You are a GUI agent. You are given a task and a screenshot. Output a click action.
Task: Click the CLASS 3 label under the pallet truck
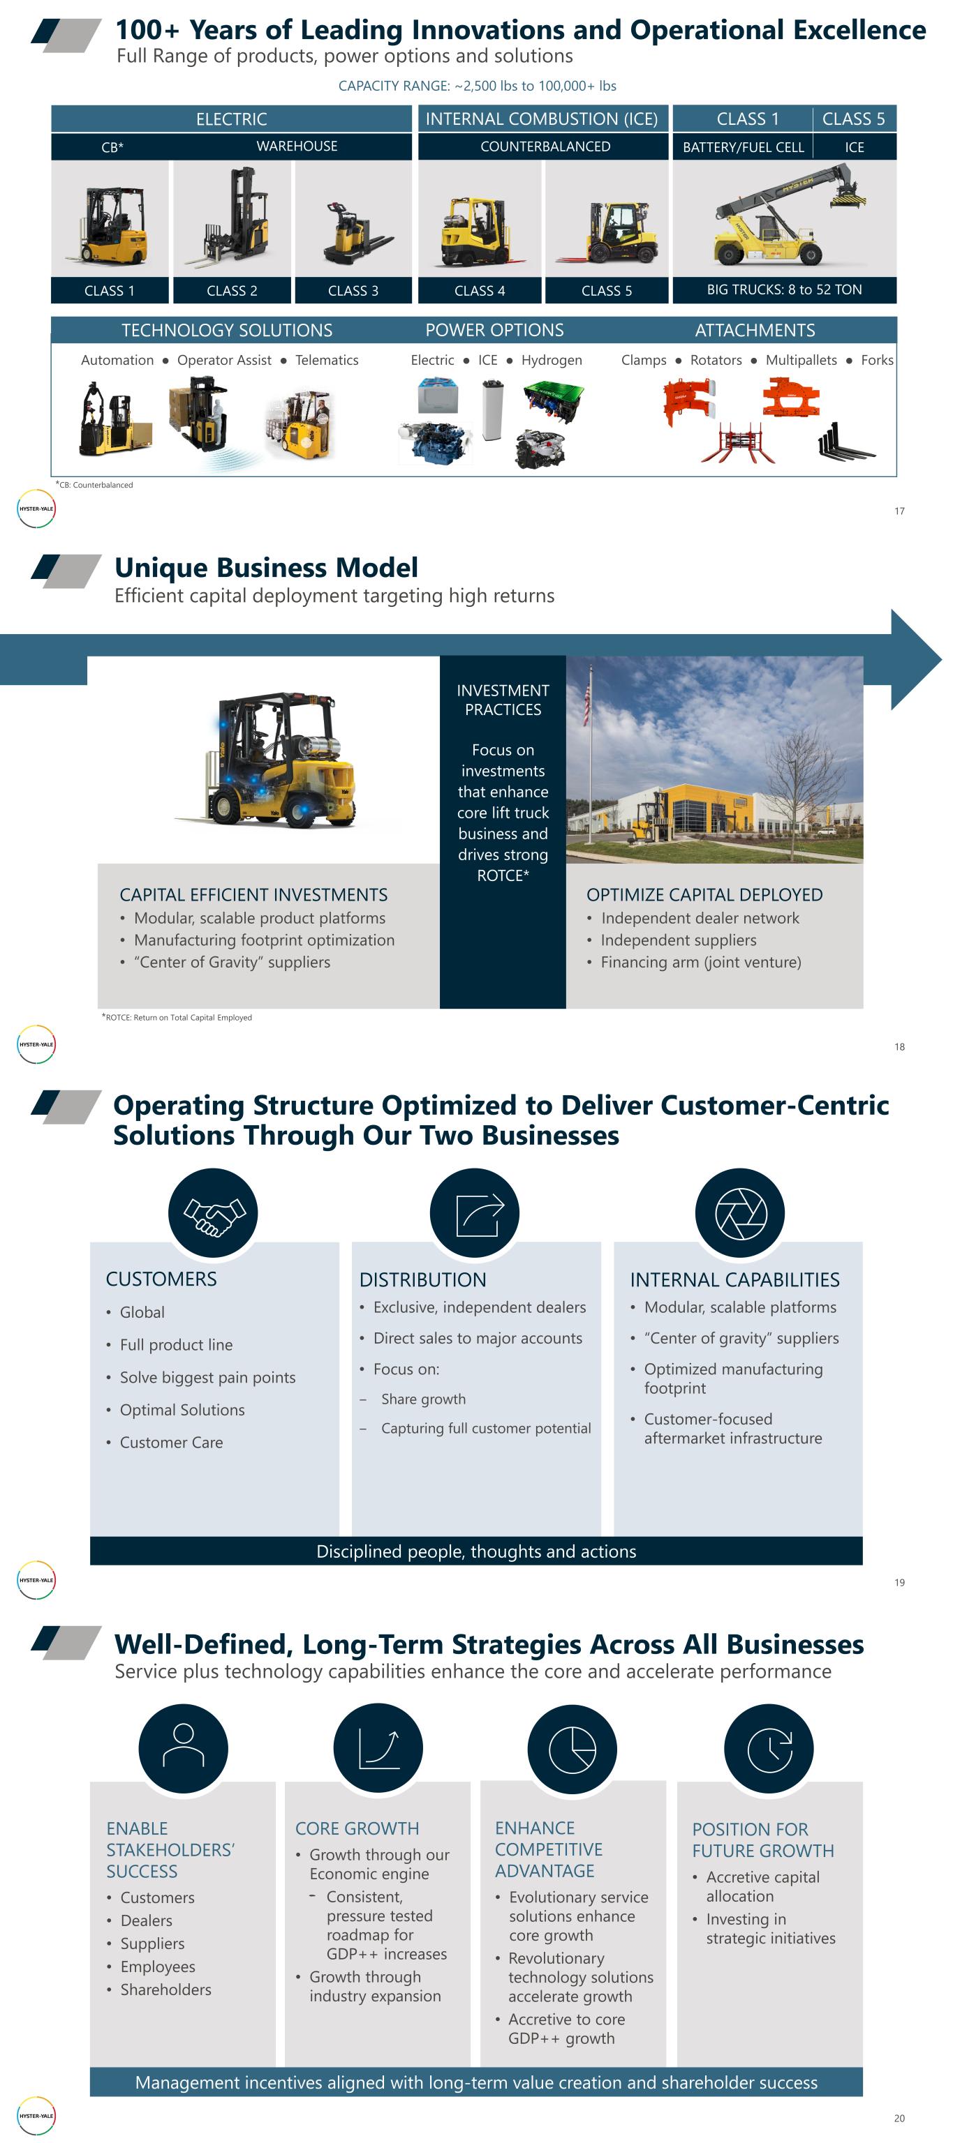tap(353, 290)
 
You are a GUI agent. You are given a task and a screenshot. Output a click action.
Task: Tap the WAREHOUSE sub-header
tap(296, 146)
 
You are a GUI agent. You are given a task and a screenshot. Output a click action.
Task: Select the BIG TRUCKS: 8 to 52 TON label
tap(784, 290)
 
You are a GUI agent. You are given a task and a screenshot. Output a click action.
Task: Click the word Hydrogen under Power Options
tap(551, 360)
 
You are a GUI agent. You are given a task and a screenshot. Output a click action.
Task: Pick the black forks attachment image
tap(844, 441)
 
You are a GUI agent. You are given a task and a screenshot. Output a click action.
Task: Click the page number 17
tap(899, 511)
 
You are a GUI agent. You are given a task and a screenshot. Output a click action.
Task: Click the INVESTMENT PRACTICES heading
tap(503, 700)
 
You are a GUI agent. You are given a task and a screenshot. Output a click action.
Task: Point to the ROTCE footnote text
tap(177, 1017)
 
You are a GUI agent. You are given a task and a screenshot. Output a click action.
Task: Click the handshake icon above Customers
tap(213, 1214)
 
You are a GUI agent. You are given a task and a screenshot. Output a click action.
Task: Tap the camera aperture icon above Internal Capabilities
tap(740, 1214)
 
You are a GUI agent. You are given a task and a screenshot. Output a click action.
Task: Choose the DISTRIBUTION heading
tap(423, 1279)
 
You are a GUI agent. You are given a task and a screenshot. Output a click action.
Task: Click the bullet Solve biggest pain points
tap(207, 1378)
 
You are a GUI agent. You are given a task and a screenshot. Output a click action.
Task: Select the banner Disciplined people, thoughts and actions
tap(476, 1551)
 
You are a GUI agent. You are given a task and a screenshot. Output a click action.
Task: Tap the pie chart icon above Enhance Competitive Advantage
tap(572, 1748)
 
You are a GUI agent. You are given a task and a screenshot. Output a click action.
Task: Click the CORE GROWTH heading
tap(357, 1828)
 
